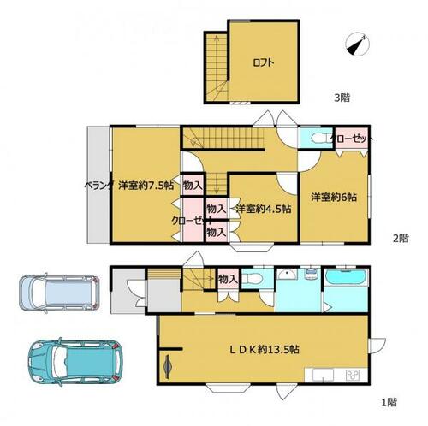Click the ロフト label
pos(264,62)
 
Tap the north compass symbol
pos(357,44)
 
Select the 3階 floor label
pos(342,98)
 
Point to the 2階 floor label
pos(401,238)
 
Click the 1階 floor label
pos(389,402)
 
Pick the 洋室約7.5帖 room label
pos(146,186)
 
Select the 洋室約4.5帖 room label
pos(264,209)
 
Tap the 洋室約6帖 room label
pos(334,197)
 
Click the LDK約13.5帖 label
pos(265,349)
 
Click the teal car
pos(75,362)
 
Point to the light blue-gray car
pos(59,293)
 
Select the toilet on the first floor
pos(253,278)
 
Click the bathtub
pos(347,278)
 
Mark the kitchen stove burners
pos(353,375)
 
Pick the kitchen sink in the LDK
pos(323,375)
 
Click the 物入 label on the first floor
pos(228,279)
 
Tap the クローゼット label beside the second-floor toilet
pos(352,139)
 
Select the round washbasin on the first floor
pos(288,275)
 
